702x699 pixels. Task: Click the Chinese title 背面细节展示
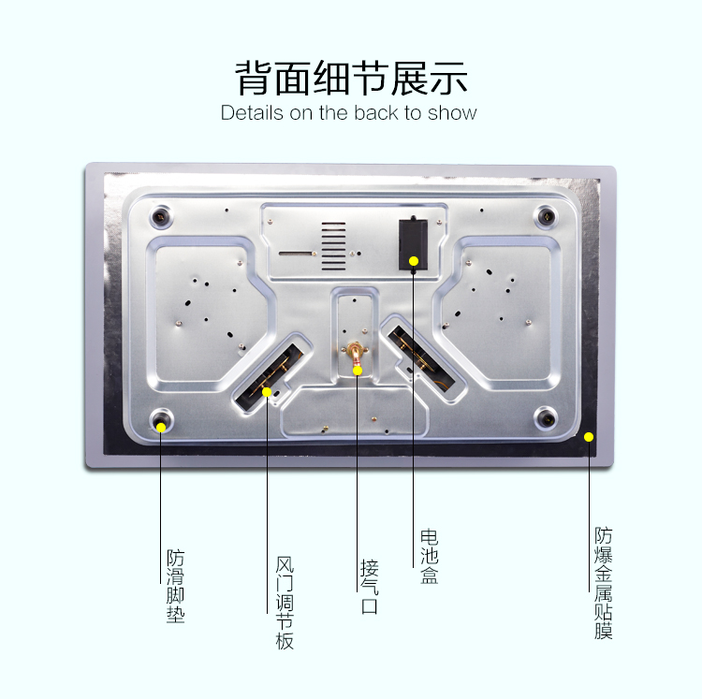click(351, 78)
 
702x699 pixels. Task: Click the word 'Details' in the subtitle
click(252, 113)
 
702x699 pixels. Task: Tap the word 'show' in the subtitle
click(452, 113)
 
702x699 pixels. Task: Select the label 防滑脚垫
click(176, 586)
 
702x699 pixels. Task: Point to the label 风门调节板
click(285, 604)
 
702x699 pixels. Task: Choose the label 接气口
click(370, 587)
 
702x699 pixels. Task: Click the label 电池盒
click(430, 557)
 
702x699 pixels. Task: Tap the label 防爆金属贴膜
click(603, 583)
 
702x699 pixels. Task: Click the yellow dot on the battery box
click(414, 261)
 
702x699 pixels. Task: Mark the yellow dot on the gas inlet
click(358, 371)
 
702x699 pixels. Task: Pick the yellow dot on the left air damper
click(267, 392)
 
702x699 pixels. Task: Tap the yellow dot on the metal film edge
click(589, 437)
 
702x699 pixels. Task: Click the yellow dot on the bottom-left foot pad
click(161, 428)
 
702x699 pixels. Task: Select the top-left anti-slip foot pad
click(161, 217)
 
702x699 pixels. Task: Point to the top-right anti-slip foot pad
click(547, 217)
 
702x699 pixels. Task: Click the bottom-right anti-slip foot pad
click(547, 419)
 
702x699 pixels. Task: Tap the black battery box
click(413, 244)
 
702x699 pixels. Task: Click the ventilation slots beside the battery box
click(333, 246)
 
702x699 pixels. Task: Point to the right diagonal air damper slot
click(421, 358)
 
